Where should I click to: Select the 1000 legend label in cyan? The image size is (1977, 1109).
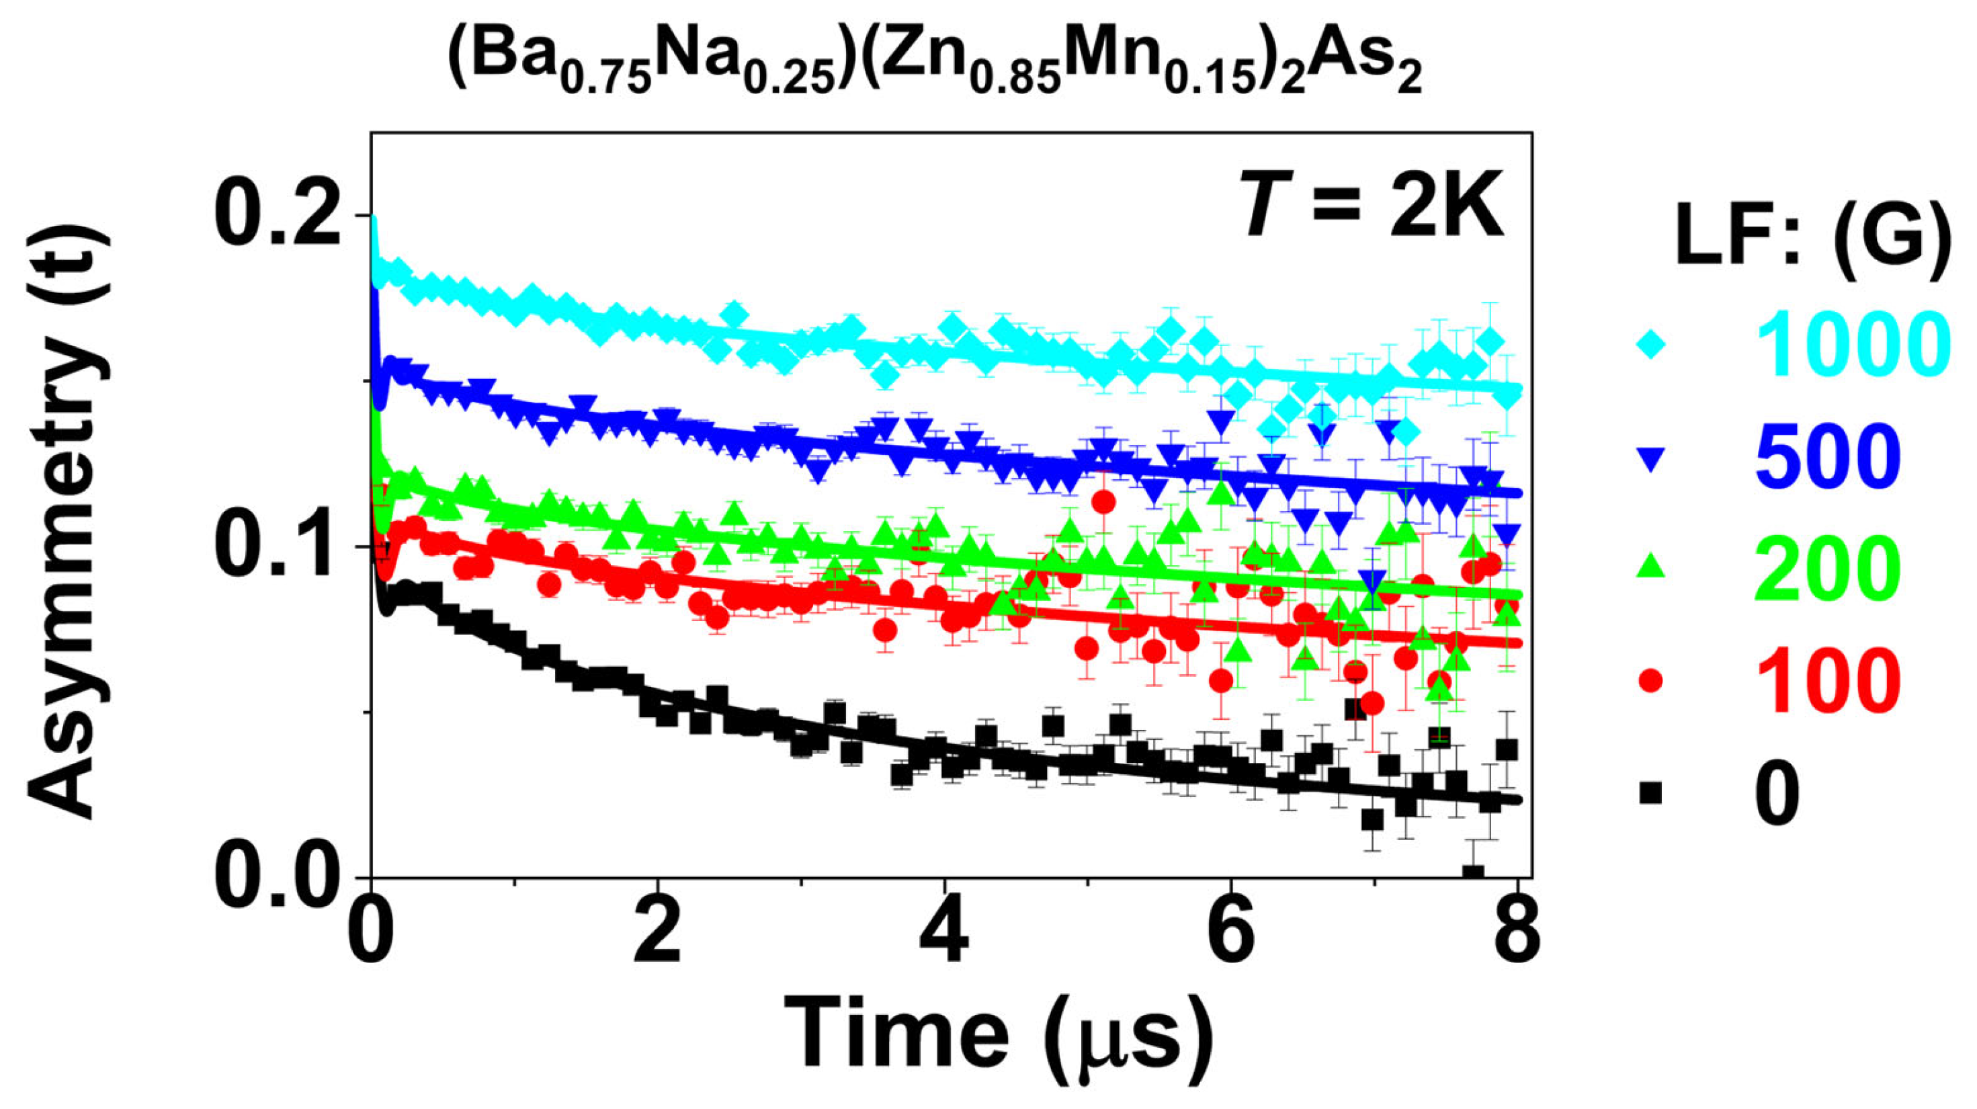(1849, 345)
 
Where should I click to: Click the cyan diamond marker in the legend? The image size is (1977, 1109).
(1650, 345)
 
